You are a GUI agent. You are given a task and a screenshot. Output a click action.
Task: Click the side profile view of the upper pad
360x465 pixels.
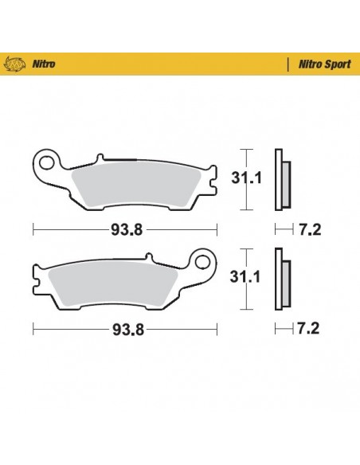pyautogui.click(x=280, y=180)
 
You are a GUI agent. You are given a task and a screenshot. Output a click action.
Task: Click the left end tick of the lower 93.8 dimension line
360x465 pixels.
pyautogui.click(x=32, y=327)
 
